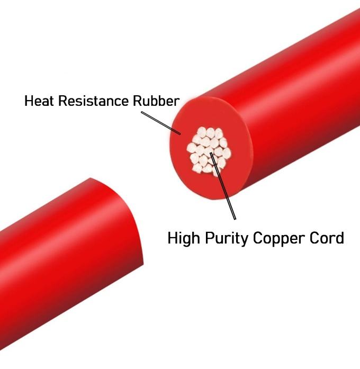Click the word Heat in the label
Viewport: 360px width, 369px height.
pos(41,101)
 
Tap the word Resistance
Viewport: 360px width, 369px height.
pos(97,101)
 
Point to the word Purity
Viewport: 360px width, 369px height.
pos(226,238)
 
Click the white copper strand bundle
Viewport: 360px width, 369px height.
pos(206,151)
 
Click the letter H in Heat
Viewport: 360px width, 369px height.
pos(30,101)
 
